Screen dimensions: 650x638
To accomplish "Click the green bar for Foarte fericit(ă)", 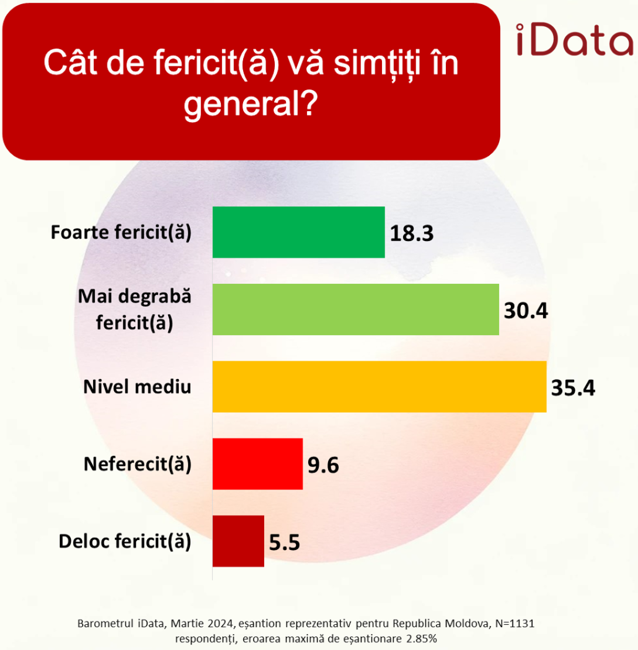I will coord(298,232).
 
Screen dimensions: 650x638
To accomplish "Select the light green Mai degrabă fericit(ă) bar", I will coord(356,309).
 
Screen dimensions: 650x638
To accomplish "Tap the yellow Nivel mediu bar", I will coord(379,387).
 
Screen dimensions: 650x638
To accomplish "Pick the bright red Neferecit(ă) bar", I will coord(257,463).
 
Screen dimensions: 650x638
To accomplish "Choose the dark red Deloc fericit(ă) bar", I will coord(238,541).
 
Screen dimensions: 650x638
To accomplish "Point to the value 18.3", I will coord(411,233).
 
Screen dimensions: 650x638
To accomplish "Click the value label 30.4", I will coord(526,310).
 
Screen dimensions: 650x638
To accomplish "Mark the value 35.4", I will coord(573,387).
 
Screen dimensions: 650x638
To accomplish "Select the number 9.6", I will coord(323,465).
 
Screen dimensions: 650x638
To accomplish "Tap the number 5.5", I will coord(284,542).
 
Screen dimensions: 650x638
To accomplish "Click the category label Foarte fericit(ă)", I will coord(121,232).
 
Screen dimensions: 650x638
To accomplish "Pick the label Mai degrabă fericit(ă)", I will coord(135,309).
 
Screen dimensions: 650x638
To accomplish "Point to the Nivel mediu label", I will coord(137,387).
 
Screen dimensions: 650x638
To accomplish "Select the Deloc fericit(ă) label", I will coord(125,541).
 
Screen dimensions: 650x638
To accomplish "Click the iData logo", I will coord(574,40).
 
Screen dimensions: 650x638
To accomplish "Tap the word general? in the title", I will coord(251,106).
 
